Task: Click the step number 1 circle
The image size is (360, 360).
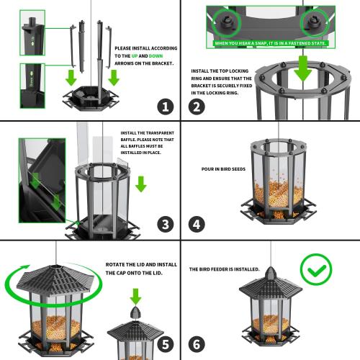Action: pyautogui.click(x=165, y=107)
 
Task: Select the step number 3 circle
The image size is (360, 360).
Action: pyautogui.click(x=165, y=225)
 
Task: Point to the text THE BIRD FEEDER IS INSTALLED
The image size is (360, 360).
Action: pyautogui.click(x=224, y=269)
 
